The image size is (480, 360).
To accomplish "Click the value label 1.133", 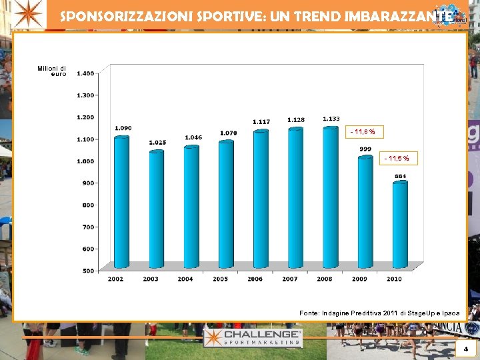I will point(331,119).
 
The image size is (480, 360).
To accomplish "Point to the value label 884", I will point(400,176).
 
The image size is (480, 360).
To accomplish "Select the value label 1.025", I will point(158,143).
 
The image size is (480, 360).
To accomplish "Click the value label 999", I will point(365,149).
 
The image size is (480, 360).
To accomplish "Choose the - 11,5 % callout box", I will point(400,159).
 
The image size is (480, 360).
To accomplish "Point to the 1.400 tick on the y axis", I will point(85,73).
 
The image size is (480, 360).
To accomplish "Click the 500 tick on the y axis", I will point(88,271).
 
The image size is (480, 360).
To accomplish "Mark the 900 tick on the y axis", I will point(88,183).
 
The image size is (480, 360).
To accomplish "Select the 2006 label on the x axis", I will point(255,279).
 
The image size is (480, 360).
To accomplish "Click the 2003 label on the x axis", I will point(151,279).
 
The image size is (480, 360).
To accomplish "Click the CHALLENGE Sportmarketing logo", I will point(253,337).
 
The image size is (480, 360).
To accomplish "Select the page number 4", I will point(465,349).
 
